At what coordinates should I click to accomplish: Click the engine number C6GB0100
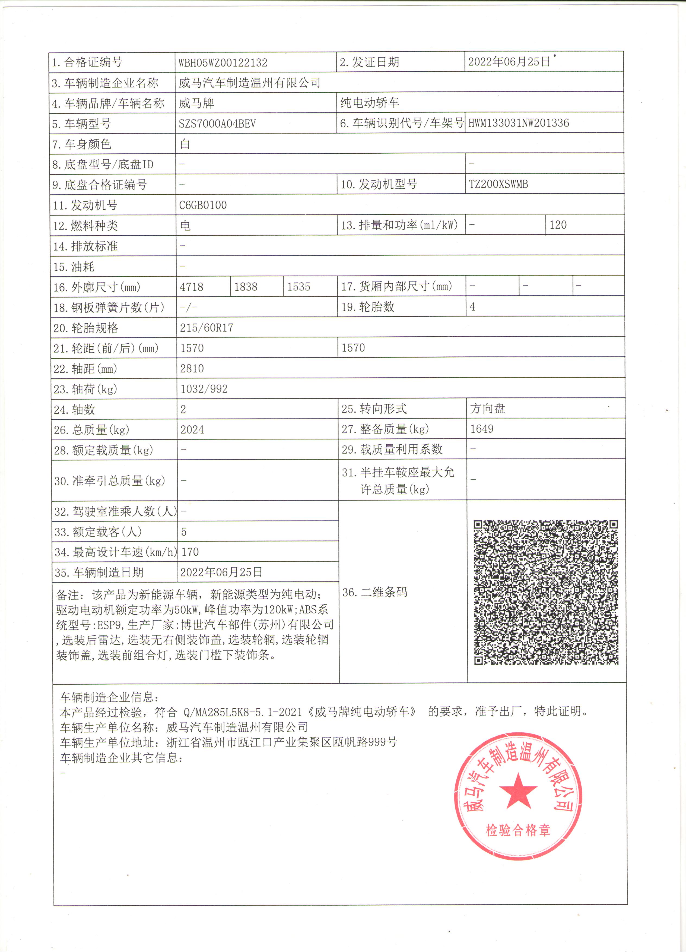coord(203,205)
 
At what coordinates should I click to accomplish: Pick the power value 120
coord(558,225)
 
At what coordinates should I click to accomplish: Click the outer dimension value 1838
coord(246,287)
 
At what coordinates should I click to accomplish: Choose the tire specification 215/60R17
coord(207,328)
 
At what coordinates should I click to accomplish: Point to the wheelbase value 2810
coord(192,369)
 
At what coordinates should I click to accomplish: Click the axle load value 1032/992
coord(204,389)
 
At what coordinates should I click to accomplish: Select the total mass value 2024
coord(192,430)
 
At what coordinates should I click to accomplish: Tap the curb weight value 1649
coord(482,429)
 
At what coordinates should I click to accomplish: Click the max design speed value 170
coord(190,552)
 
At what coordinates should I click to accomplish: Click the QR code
coord(545,592)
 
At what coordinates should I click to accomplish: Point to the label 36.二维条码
coord(375,592)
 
